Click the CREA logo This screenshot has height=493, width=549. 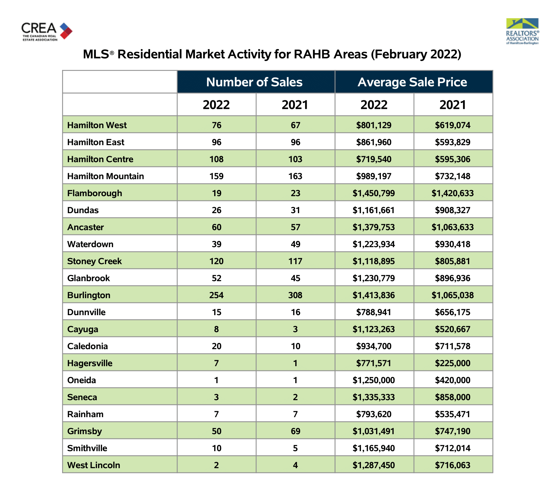tap(47, 31)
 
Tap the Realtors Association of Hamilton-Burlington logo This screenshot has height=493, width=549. tap(522, 31)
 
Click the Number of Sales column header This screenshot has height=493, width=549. tap(254, 82)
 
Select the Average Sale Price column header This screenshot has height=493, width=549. tap(412, 82)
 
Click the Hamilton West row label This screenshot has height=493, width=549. tap(97, 125)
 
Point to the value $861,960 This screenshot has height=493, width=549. tap(374, 142)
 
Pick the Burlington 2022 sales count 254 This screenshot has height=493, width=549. tap(216, 295)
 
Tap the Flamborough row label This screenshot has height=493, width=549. tap(94, 193)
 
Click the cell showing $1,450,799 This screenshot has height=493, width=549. tap(374, 193)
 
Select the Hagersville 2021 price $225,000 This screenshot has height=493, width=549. tap(453, 363)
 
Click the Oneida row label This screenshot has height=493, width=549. tap(81, 380)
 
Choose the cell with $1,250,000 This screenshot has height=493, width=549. tap(374, 380)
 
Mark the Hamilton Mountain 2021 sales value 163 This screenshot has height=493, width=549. tap(295, 176)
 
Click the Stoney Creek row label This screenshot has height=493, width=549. tap(94, 261)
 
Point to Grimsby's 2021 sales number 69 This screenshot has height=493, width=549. tap(296, 431)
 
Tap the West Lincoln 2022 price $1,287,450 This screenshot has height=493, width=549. tap(374, 465)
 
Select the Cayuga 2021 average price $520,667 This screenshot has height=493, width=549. tap(453, 329)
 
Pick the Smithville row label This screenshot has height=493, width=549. tap(87, 448)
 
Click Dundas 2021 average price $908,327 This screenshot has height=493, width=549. tap(453, 210)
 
